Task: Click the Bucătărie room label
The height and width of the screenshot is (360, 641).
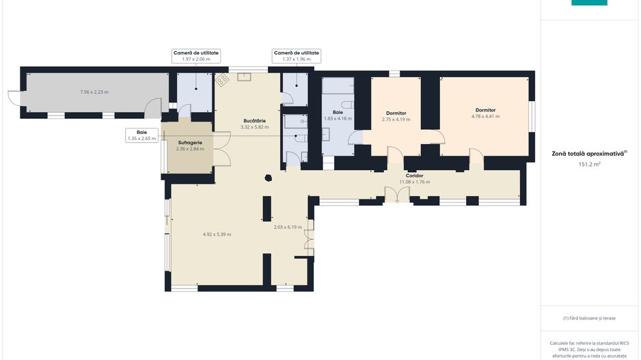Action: (x=254, y=121)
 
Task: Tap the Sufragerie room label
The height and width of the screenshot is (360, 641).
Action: (x=190, y=143)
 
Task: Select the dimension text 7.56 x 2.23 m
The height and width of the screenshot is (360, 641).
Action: (x=94, y=92)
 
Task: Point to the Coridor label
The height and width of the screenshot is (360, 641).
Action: (x=415, y=176)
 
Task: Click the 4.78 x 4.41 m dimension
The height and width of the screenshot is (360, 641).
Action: (x=485, y=116)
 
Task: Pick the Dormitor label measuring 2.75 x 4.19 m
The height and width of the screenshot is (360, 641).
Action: (x=396, y=113)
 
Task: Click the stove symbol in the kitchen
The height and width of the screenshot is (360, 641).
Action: (x=222, y=80)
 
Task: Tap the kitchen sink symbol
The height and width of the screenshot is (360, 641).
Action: (x=244, y=77)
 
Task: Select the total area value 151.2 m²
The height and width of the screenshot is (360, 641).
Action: (x=589, y=164)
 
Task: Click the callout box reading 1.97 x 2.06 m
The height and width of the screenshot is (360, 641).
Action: (x=196, y=56)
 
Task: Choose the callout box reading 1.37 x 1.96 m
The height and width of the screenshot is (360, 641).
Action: (x=297, y=56)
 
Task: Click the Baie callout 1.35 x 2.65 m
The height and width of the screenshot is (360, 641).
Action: (x=142, y=135)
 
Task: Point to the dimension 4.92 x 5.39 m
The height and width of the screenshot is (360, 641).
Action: (x=217, y=234)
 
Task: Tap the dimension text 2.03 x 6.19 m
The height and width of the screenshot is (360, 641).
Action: (x=288, y=227)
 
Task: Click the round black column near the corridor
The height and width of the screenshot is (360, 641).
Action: (x=268, y=178)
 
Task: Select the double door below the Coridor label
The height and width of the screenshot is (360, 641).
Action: (x=397, y=194)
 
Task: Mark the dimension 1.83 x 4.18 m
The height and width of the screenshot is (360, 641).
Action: (x=338, y=118)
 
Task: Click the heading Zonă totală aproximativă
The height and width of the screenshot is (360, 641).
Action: (x=589, y=154)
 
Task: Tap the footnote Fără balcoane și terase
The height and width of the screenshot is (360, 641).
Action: (x=589, y=318)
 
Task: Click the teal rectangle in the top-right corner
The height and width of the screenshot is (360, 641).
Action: (x=589, y=3)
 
